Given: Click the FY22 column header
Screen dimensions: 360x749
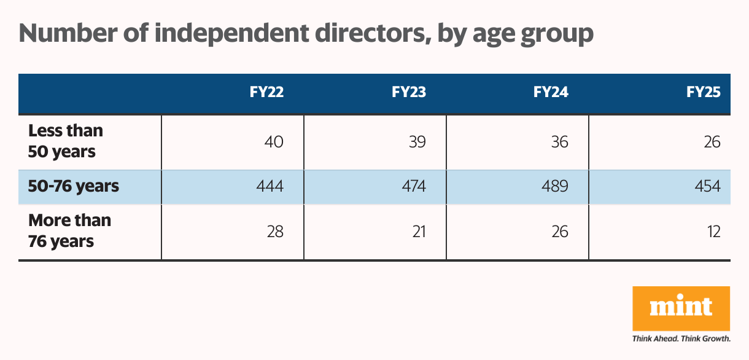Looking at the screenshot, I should (x=266, y=93).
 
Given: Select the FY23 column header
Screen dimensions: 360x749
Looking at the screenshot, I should (x=409, y=93).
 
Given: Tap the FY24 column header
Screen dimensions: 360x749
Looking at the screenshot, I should (x=551, y=93).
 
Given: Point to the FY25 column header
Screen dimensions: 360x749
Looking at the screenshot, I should (x=703, y=93).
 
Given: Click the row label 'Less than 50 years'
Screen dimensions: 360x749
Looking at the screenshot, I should (x=66, y=141).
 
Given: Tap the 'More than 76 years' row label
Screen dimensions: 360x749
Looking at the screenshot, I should (x=69, y=231).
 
